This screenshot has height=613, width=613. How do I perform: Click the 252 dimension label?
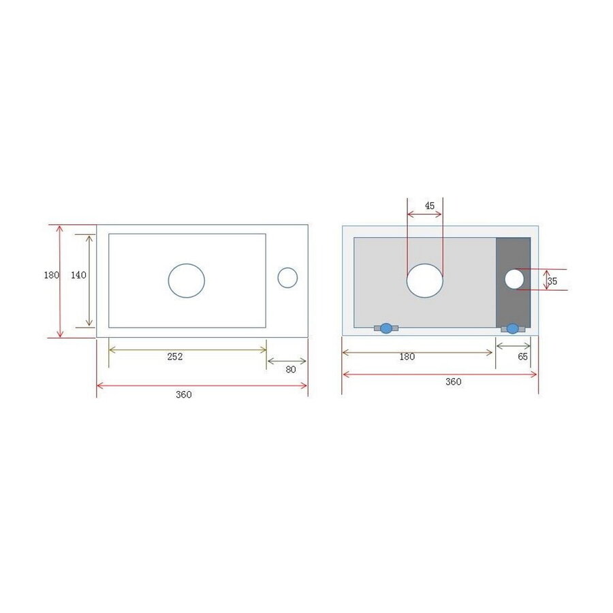(174, 356)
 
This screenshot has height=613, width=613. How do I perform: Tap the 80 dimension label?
(291, 370)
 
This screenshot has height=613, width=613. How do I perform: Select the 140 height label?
(78, 275)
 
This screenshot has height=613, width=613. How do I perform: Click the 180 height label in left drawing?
(51, 275)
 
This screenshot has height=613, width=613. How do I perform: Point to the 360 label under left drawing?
(184, 394)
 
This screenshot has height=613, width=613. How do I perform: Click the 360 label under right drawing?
(453, 381)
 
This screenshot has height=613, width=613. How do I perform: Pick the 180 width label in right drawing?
(407, 356)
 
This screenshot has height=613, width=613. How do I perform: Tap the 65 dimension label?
(523, 356)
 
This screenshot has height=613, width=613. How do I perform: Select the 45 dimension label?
(429, 205)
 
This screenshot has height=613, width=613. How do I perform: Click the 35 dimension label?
(552, 281)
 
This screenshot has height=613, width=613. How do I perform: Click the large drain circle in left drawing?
(187, 281)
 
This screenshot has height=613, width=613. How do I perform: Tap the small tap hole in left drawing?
(287, 277)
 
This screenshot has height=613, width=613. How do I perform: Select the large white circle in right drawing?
(425, 281)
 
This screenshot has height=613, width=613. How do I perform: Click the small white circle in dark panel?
(514, 279)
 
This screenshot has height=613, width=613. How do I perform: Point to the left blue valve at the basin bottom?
(386, 328)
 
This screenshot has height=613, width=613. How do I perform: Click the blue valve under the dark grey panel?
(512, 328)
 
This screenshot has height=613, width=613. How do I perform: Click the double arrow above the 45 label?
(425, 214)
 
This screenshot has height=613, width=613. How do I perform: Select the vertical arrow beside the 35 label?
(546, 279)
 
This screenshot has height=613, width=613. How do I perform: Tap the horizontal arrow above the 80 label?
(287, 361)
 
